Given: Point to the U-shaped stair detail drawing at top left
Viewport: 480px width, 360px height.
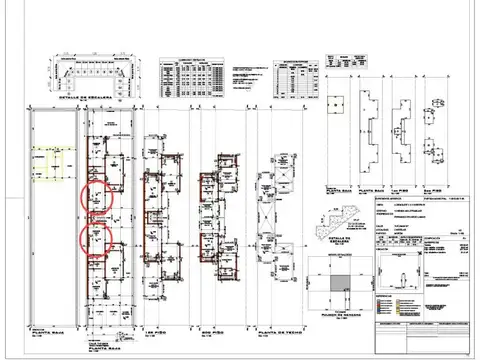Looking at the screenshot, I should pos(91,76).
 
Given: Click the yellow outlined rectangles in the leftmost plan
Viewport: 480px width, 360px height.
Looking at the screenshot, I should pos(51,166).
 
